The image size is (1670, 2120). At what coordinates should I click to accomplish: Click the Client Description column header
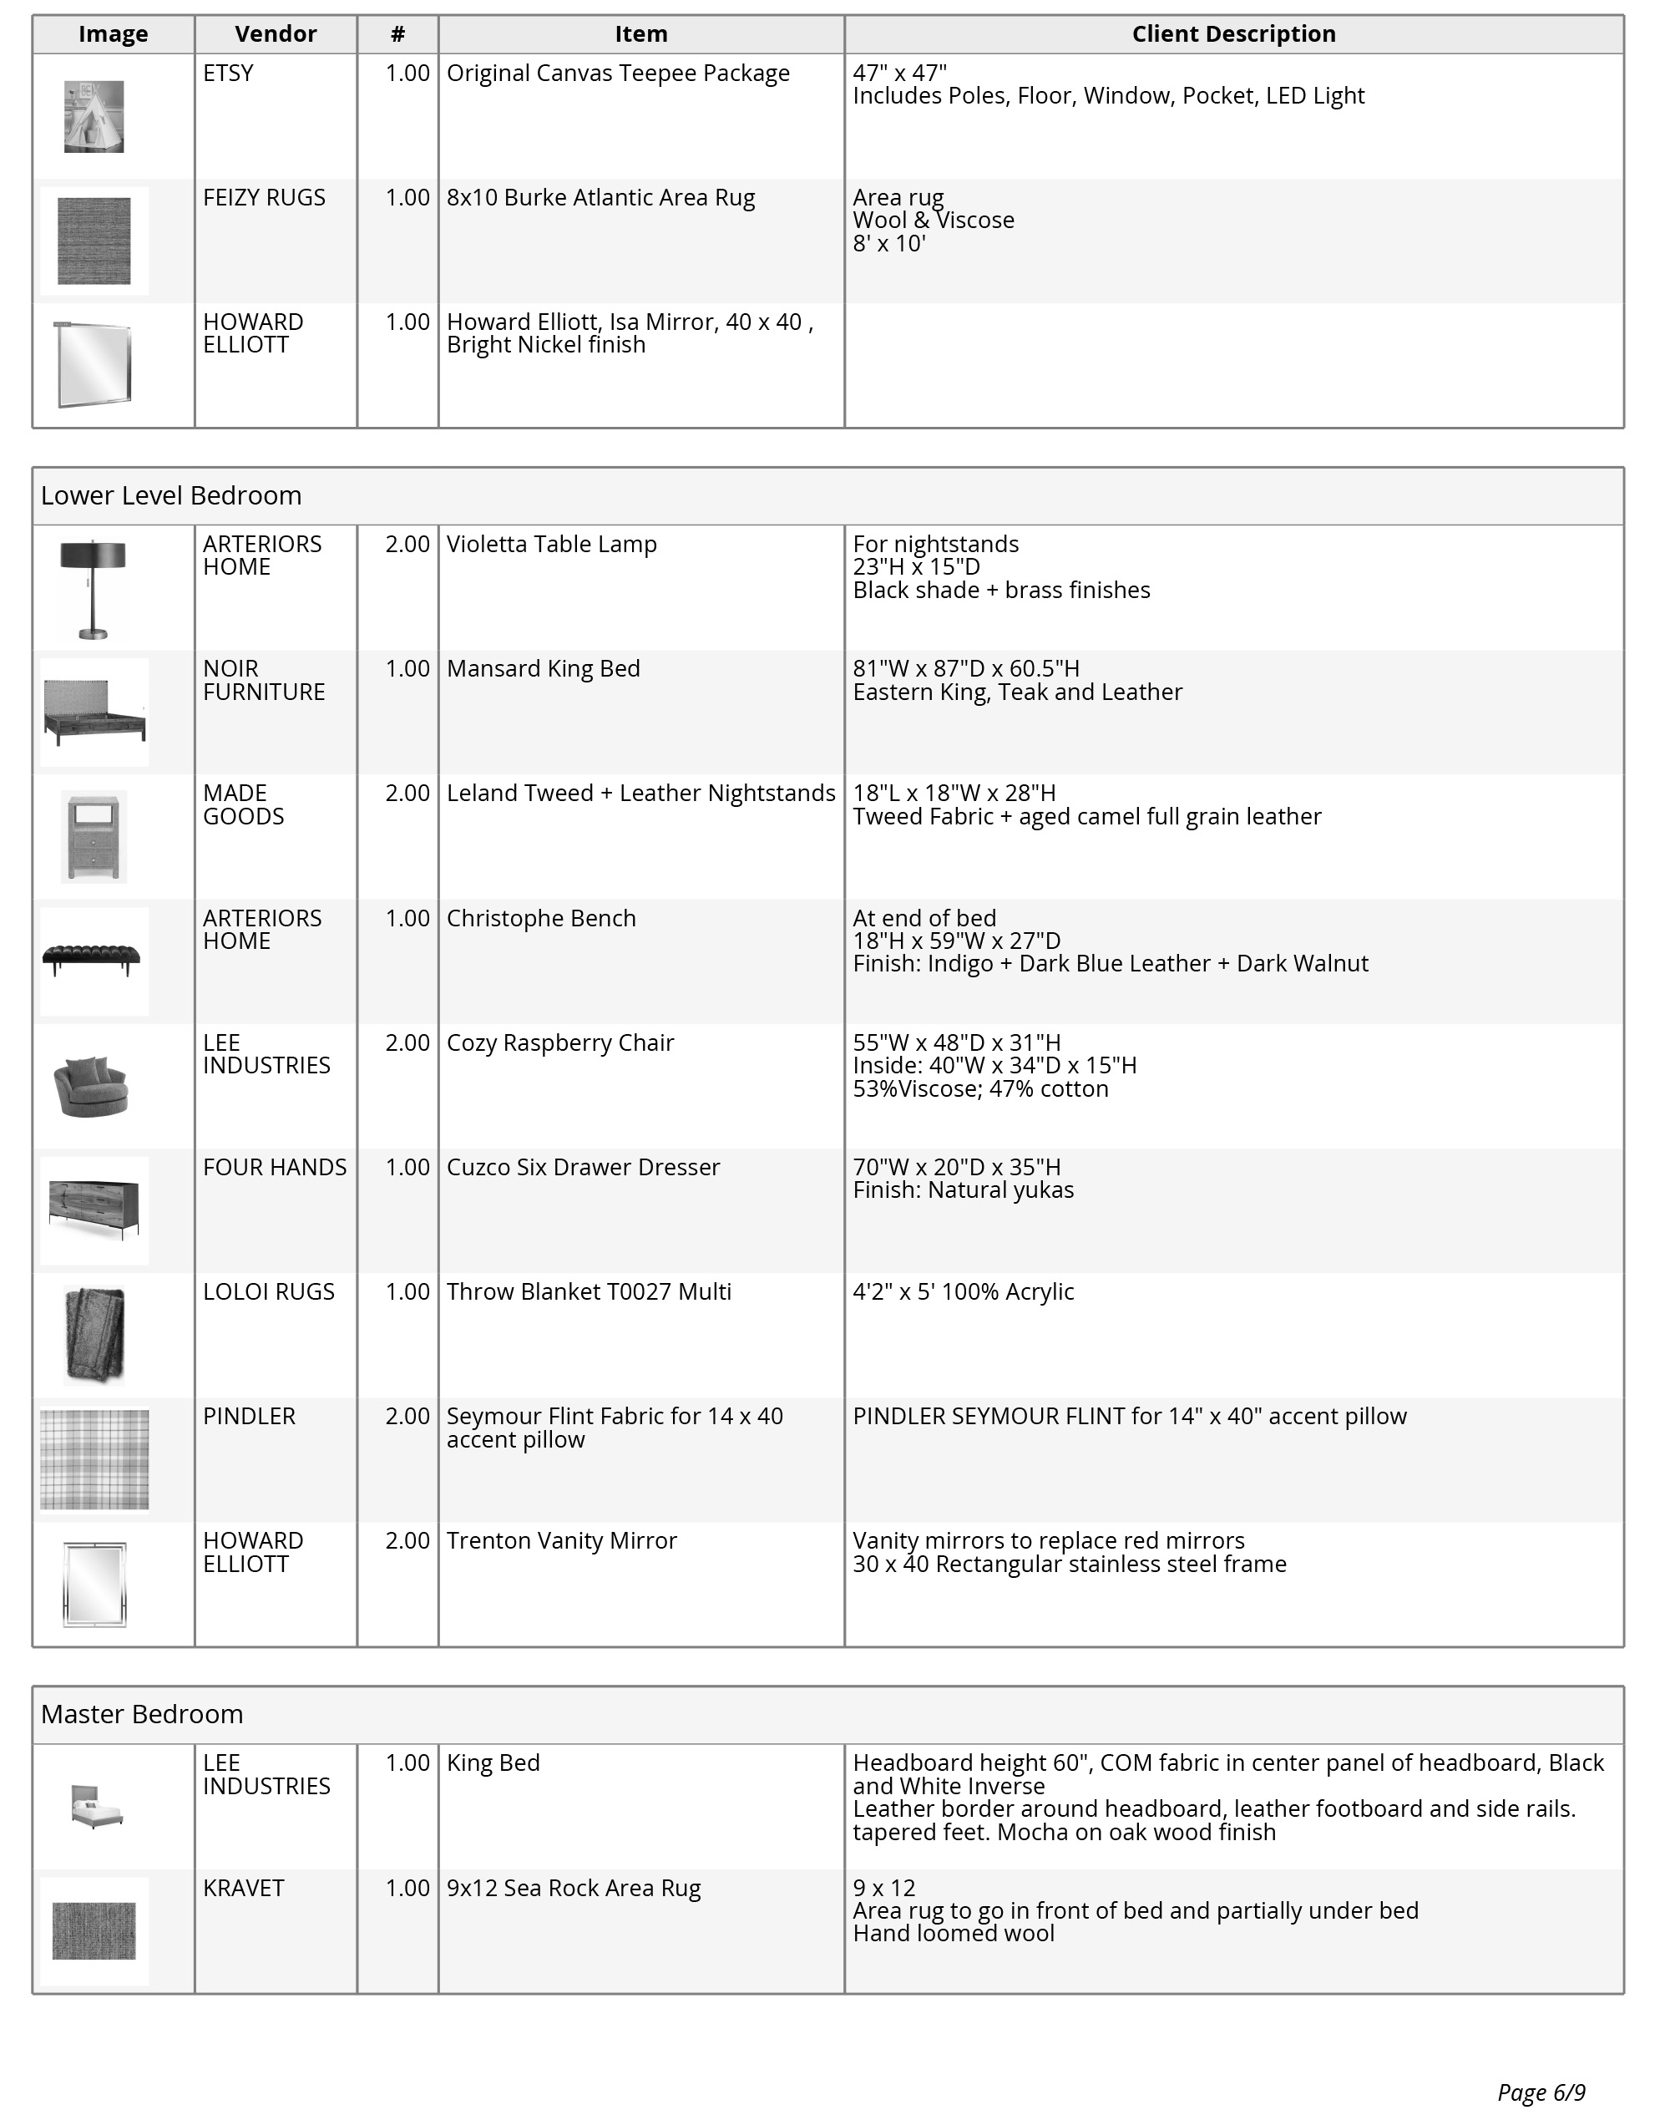click(1233, 34)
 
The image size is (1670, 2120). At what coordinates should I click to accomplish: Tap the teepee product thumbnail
click(94, 116)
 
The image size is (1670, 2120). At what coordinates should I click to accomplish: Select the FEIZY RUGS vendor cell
click(264, 197)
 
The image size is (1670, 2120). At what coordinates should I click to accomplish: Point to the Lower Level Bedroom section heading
click(171, 496)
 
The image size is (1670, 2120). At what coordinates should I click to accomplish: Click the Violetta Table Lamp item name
click(551, 545)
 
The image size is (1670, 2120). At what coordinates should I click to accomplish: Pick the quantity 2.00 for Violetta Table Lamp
click(407, 545)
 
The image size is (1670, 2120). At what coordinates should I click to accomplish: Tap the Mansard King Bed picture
click(94, 712)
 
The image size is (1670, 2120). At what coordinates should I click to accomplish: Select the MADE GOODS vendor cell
click(244, 804)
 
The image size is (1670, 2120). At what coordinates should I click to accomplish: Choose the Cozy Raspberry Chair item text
click(560, 1043)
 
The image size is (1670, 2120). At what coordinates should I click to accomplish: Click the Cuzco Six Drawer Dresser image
click(94, 1210)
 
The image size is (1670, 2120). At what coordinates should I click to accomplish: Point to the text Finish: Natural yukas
click(963, 1190)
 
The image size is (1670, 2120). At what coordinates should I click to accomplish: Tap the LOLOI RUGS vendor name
click(269, 1291)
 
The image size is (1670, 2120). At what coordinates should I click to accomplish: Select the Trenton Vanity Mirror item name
click(561, 1541)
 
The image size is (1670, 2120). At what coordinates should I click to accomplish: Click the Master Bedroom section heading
click(142, 1714)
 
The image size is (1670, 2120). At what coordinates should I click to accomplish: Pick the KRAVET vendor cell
click(244, 1889)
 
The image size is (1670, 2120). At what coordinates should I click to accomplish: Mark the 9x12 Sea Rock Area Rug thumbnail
click(94, 1930)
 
